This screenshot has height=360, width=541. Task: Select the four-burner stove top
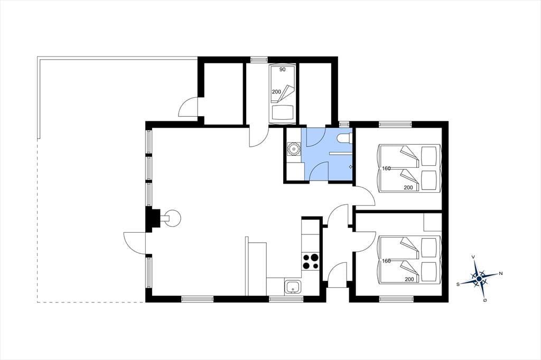(x=310, y=261)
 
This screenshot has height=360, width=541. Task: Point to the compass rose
(x=479, y=278)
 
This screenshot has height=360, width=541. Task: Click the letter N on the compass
(x=501, y=273)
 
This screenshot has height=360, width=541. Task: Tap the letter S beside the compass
(x=458, y=284)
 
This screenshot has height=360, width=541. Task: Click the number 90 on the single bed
(x=282, y=70)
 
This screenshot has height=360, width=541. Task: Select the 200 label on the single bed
(x=276, y=92)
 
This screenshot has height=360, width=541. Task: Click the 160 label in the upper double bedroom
(x=386, y=168)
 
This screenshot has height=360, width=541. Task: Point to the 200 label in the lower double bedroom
(x=409, y=279)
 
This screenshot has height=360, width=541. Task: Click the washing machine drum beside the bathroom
(x=293, y=149)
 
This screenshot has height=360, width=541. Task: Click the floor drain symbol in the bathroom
(x=351, y=167)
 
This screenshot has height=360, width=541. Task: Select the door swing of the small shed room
(x=188, y=106)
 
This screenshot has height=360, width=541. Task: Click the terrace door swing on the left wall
(x=134, y=243)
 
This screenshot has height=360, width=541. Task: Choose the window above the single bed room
(x=256, y=59)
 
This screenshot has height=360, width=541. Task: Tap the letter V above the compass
(x=474, y=257)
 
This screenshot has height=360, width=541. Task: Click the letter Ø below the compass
(x=485, y=301)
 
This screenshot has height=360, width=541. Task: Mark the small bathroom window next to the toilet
(x=344, y=124)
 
